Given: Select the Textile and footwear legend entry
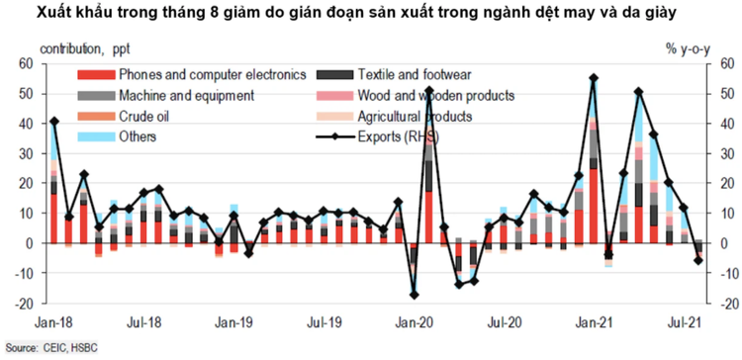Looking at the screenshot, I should (x=402, y=75).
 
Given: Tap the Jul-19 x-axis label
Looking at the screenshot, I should (x=325, y=321).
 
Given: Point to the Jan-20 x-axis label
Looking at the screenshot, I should (x=415, y=321).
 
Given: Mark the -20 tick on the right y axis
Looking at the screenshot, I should (x=725, y=304).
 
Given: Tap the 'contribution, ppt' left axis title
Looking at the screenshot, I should (x=85, y=46).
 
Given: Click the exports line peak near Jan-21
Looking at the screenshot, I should (x=593, y=78).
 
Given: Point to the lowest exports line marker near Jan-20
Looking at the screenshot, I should (x=414, y=295).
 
